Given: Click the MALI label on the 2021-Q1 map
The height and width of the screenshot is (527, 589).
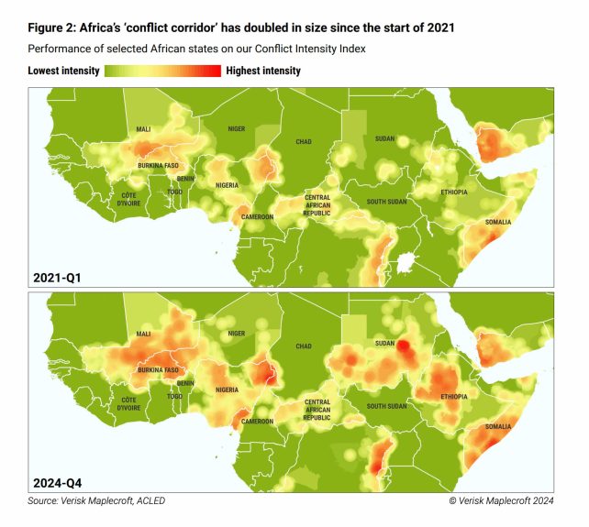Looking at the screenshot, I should coord(143,129).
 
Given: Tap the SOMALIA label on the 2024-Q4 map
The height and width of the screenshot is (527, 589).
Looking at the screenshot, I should coord(498,427).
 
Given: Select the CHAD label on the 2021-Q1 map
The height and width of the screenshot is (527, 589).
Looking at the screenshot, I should coord(304,142).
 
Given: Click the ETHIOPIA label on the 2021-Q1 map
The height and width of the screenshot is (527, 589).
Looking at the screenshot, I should coord(452,192).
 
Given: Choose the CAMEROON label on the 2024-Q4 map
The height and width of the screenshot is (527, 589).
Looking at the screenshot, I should coord(257,422).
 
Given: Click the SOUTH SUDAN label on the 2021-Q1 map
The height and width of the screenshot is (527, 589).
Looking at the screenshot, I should coord(387,202).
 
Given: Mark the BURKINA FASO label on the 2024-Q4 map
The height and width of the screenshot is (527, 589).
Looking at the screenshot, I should coord(158,370).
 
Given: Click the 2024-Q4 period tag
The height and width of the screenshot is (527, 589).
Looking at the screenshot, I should coord(58,480).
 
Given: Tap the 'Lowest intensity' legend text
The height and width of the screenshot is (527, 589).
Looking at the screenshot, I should coord(64,71).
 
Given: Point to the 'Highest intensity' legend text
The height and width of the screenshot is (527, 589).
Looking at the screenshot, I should coord(262,71).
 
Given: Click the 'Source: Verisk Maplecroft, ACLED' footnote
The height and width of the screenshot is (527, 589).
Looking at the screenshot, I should coord(96,500).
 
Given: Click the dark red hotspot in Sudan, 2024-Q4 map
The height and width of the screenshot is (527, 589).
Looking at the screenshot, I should coord(401,346).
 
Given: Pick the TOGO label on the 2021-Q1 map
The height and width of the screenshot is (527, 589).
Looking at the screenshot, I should coord(174,192).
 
